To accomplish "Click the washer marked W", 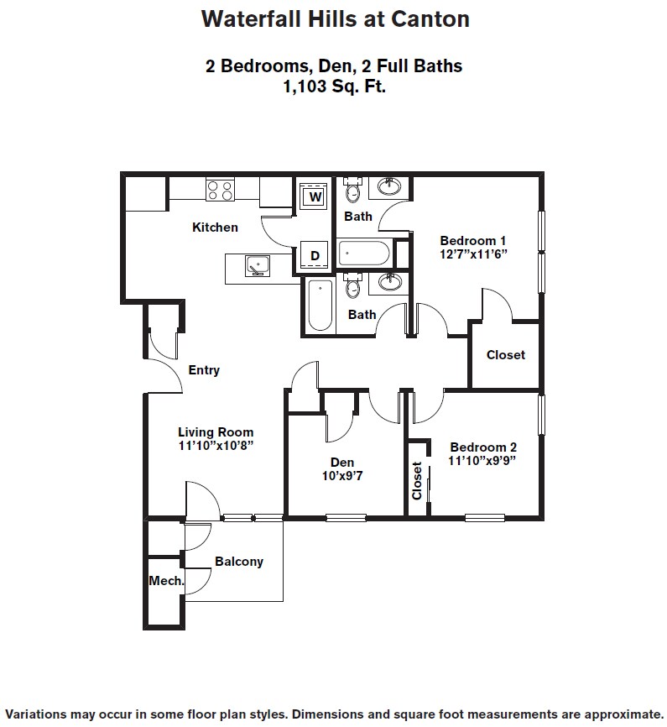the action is tap(315, 197).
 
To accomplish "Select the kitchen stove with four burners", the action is tap(221, 191).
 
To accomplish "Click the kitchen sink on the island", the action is tap(258, 267).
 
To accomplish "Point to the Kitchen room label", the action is tap(215, 227).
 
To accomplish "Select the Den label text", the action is tap(342, 462).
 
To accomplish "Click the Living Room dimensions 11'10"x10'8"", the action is tap(216, 446).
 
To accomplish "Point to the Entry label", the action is tap(204, 370).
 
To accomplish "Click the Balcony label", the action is tap(239, 562).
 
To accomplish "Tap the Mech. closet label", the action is tap(166, 580).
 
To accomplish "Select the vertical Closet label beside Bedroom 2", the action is tap(417, 480).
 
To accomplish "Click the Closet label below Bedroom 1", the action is tap(506, 355).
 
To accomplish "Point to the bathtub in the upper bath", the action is tap(363, 252).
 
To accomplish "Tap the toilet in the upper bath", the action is tap(353, 192).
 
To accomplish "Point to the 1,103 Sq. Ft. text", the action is tap(334, 85).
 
